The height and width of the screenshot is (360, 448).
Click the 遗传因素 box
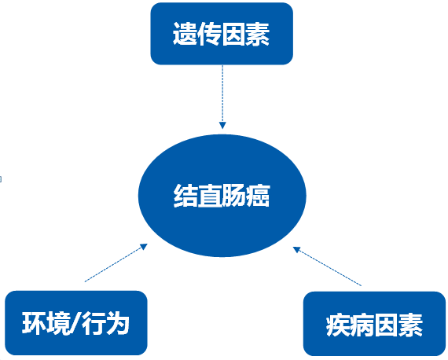pos(222,34)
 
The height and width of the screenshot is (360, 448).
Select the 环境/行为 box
pos(76,323)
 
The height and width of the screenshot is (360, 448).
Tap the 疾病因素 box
pos(374,324)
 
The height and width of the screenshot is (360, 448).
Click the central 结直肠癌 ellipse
pos(222,196)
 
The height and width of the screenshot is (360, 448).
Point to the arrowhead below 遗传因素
pos(222,126)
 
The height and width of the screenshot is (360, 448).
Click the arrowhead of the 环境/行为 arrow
pos(143,247)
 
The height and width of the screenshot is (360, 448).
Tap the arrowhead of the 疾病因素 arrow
pos(297,250)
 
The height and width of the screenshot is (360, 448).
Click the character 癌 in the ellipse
pos(258,196)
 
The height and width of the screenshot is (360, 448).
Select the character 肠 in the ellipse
pos(233,196)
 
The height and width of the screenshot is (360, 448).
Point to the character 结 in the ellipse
pos(185,196)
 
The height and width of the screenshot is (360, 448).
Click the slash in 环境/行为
pos(76,323)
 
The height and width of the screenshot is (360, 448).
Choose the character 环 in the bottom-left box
pos(34,323)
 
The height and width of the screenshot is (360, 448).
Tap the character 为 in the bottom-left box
pos(117,323)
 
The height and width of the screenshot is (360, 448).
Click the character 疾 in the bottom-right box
pos(338,325)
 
